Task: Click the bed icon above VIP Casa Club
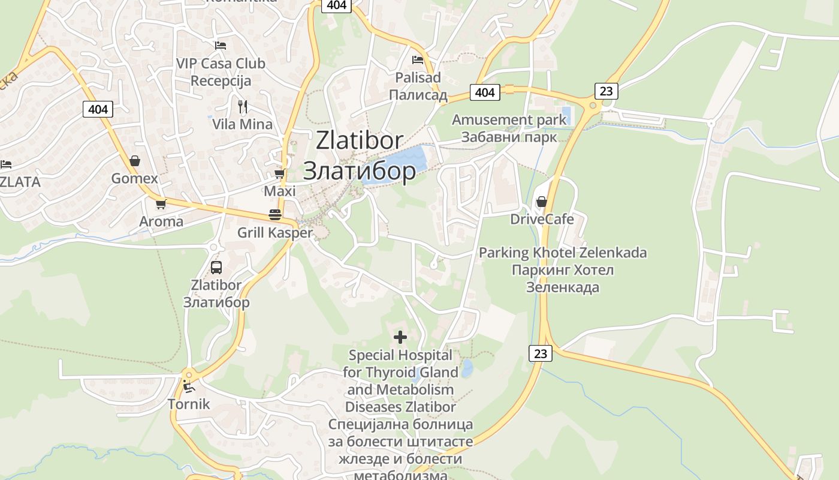[x=221, y=45]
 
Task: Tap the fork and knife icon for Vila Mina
[x=243, y=107]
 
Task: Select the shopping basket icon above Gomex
[x=135, y=161]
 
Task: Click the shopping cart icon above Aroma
[x=161, y=204]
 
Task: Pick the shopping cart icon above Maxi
[x=279, y=174]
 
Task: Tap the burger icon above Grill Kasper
[x=275, y=215]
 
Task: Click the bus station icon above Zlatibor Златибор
[x=216, y=268]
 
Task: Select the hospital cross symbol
[x=400, y=337]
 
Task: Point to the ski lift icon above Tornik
[x=189, y=386]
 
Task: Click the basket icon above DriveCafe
[x=542, y=202]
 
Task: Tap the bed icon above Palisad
[x=418, y=59]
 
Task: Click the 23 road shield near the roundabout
[x=606, y=91]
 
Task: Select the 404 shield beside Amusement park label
[x=485, y=92]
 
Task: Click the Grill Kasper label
[x=275, y=233]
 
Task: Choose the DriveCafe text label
[x=542, y=219]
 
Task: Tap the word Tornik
[x=189, y=404]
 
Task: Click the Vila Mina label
[x=242, y=124]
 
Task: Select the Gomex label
[x=135, y=178]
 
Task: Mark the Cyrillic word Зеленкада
[x=563, y=287]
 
